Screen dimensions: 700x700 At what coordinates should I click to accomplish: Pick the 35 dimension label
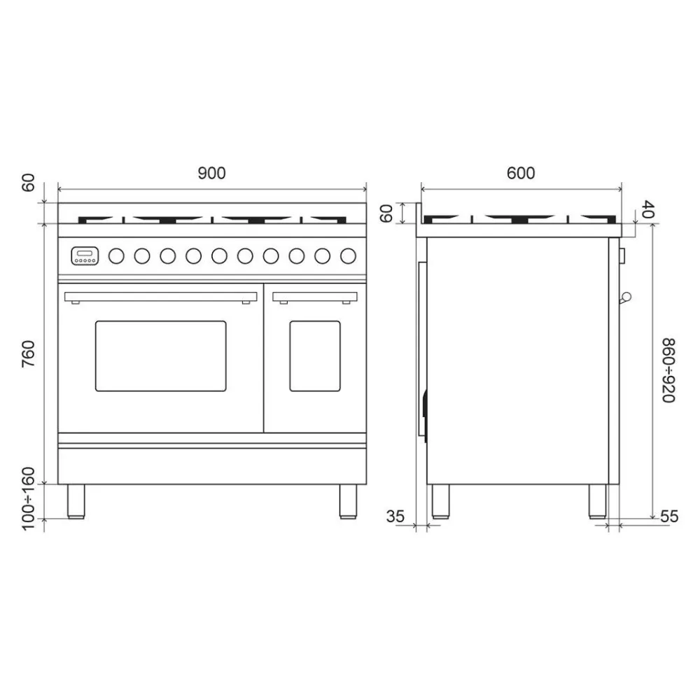pyautogui.click(x=395, y=517)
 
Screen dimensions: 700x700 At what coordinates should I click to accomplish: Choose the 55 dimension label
pyautogui.click(x=669, y=517)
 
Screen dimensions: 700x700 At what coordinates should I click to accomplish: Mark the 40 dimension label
pyautogui.click(x=647, y=209)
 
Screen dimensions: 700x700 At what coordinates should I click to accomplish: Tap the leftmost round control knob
pyautogui.click(x=116, y=256)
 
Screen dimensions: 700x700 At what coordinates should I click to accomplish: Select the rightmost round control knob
pyautogui.click(x=347, y=256)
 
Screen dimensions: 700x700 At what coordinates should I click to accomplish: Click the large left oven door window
pyautogui.click(x=161, y=356)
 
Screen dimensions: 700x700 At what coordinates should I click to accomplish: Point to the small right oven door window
pyautogui.click(x=315, y=356)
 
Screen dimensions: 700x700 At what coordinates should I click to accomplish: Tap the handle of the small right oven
pyautogui.click(x=315, y=297)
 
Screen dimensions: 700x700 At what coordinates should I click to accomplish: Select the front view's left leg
pyautogui.click(x=76, y=500)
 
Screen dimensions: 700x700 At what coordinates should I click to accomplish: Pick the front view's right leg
pyautogui.click(x=348, y=500)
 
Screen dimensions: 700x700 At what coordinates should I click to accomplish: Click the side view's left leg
pyautogui.click(x=440, y=500)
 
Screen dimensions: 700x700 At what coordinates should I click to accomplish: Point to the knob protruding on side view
pyautogui.click(x=626, y=297)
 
